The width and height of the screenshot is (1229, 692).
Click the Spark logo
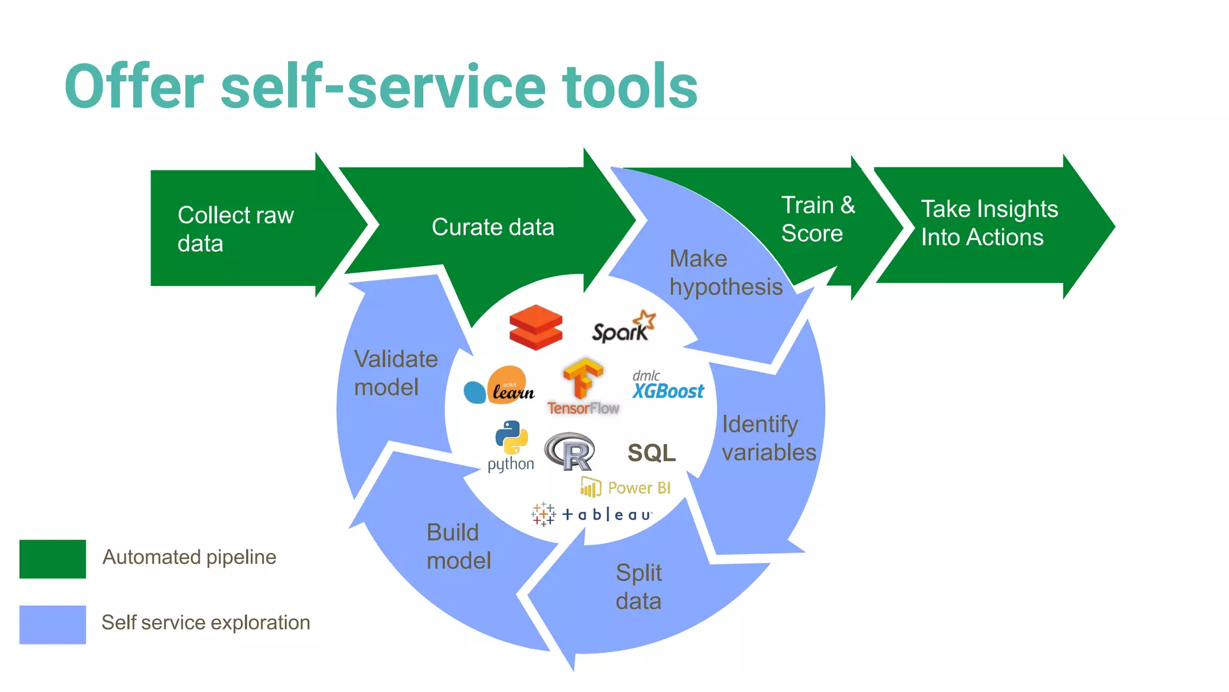tap(624, 327)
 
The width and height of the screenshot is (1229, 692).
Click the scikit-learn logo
tap(500, 386)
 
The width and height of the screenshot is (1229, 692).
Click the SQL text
tap(651, 453)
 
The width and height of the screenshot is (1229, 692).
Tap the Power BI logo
tap(625, 487)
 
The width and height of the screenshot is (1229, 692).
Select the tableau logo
tap(592, 514)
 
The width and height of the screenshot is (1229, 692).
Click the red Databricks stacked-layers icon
tap(536, 327)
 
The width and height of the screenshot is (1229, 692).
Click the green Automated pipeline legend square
tap(53, 559)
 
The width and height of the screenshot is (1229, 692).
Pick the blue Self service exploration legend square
tap(53, 624)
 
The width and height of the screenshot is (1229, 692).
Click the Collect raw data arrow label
tap(235, 229)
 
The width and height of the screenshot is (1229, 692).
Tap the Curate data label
tap(493, 227)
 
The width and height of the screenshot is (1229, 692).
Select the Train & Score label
tap(817, 219)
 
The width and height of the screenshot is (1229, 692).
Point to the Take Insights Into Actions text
tap(989, 223)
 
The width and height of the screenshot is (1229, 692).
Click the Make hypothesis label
tap(726, 273)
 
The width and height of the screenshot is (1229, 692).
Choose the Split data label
tap(639, 587)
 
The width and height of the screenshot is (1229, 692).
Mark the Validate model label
tap(395, 373)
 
